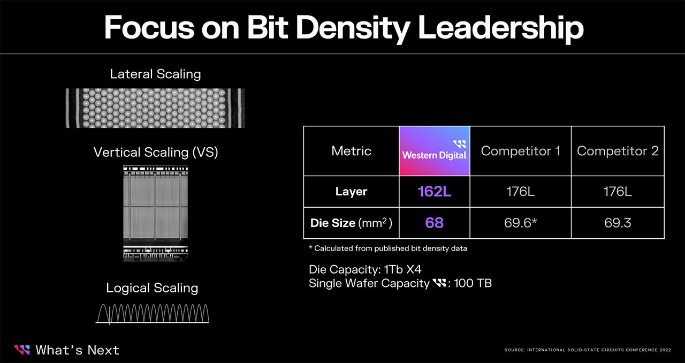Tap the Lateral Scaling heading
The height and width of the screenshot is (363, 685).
pos(155,74)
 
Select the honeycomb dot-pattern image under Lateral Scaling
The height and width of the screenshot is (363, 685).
pos(155,108)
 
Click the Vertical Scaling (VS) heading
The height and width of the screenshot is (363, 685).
pos(156,153)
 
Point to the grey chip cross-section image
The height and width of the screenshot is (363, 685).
pos(156,213)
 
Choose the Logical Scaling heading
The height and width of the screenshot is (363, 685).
pos(152,288)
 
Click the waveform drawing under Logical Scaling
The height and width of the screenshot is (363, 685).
pos(153,314)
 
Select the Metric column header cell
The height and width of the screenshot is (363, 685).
pos(352,151)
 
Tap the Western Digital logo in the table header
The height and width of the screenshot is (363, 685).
pos(435,151)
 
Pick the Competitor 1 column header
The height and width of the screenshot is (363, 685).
pos(521,151)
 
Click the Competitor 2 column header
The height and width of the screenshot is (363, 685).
pos(618,151)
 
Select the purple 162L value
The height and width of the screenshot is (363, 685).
pos(434,192)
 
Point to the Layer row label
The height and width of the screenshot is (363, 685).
pos(352,192)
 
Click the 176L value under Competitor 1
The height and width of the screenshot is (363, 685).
pos(521,192)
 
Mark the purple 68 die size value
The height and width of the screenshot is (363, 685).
pos(434,223)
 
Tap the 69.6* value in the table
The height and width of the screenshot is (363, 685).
pos(521,223)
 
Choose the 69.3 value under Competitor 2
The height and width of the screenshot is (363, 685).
pos(618,223)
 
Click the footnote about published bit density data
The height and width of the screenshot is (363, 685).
pos(388,248)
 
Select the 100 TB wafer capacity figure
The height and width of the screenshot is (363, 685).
pos(473,283)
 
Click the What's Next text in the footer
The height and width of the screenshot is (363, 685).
pos(78,350)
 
